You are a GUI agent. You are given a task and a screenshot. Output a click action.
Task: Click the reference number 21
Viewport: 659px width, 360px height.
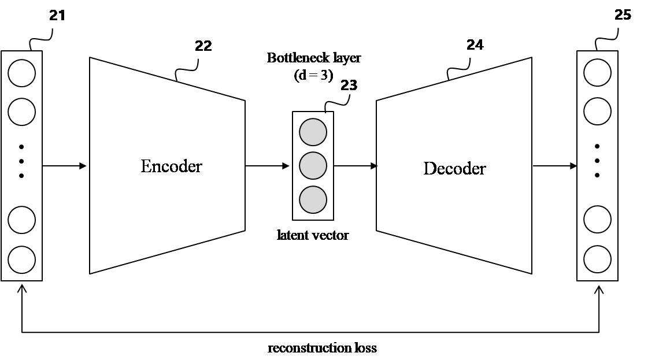click(x=57, y=16)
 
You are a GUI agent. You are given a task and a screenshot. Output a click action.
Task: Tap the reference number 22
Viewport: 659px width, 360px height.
click(x=203, y=46)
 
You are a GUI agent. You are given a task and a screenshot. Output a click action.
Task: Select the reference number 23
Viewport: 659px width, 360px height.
click(x=349, y=86)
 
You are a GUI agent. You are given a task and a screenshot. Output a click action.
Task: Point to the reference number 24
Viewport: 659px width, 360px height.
click(x=475, y=45)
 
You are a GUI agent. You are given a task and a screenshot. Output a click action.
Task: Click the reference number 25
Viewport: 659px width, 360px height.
click(x=623, y=14)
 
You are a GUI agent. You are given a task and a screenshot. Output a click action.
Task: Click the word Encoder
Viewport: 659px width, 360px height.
click(x=171, y=166)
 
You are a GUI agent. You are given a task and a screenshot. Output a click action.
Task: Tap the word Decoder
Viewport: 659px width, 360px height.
click(x=454, y=169)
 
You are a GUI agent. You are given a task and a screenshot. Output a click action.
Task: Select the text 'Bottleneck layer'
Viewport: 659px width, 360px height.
click(x=313, y=58)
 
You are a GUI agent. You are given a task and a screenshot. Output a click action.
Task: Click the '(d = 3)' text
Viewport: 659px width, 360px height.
click(x=313, y=75)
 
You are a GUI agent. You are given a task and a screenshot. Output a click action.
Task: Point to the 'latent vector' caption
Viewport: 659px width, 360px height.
click(x=313, y=235)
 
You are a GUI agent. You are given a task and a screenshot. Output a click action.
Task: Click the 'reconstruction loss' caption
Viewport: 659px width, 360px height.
click(x=322, y=348)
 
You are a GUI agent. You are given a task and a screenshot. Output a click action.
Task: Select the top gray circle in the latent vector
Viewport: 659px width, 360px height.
click(x=313, y=132)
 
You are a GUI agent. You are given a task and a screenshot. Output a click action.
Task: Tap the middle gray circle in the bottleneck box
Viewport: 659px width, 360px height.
click(x=313, y=166)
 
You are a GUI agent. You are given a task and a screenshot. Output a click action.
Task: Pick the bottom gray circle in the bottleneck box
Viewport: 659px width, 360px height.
click(x=313, y=199)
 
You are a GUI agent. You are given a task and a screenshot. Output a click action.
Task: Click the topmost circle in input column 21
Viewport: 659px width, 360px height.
click(x=22, y=73)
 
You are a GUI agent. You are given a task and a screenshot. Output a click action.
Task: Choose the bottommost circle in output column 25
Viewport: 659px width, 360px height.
click(x=597, y=259)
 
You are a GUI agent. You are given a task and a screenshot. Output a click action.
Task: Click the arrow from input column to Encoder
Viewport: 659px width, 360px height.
click(x=64, y=166)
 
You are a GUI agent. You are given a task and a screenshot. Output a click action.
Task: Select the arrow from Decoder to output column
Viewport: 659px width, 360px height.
click(x=555, y=166)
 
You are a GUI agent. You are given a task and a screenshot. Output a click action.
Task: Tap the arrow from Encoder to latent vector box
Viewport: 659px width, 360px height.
click(x=267, y=166)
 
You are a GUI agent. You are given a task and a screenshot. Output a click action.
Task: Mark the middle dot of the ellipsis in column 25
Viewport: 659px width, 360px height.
click(x=597, y=161)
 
